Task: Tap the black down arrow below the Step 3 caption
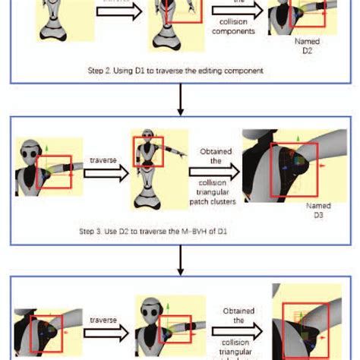[x=179, y=263]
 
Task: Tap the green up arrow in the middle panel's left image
[x=47, y=153]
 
